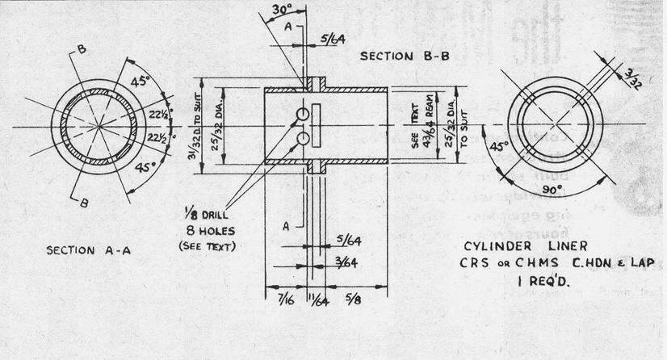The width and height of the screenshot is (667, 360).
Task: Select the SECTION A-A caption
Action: point(90,250)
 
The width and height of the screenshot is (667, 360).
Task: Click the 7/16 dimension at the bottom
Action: point(283,299)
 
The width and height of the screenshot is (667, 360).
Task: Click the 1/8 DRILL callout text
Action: point(203,216)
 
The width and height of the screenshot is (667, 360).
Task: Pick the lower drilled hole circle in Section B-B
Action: point(303,140)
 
